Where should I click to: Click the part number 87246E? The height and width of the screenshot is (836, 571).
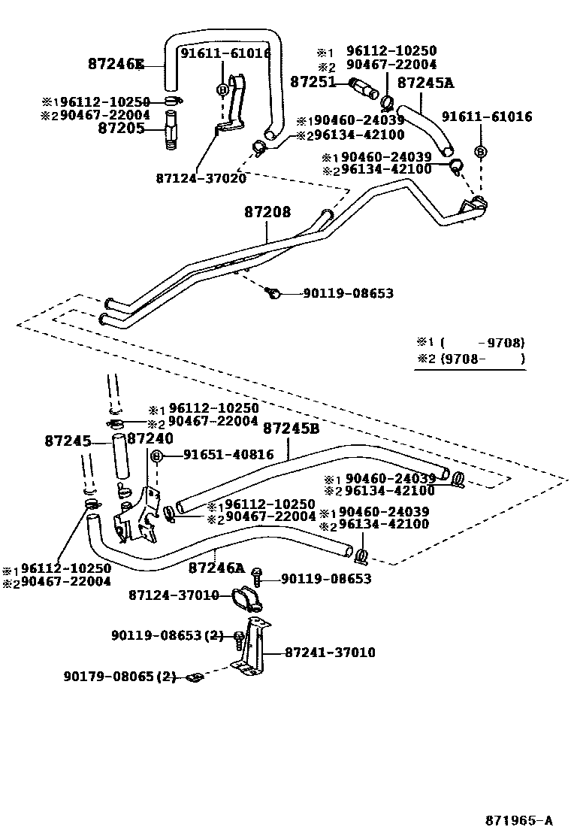click(115, 64)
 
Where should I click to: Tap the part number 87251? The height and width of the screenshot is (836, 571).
click(313, 81)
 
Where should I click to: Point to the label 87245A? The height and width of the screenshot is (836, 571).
click(426, 83)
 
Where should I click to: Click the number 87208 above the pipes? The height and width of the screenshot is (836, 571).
click(267, 213)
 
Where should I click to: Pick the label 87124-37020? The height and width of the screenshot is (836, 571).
click(201, 178)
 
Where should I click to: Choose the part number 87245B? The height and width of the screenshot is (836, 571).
click(292, 428)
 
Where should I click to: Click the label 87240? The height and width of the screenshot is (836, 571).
click(150, 438)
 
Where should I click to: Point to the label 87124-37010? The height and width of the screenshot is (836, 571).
click(173, 595)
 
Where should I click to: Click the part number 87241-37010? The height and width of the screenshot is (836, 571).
click(330, 653)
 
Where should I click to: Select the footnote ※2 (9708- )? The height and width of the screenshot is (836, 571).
click(471, 359)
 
